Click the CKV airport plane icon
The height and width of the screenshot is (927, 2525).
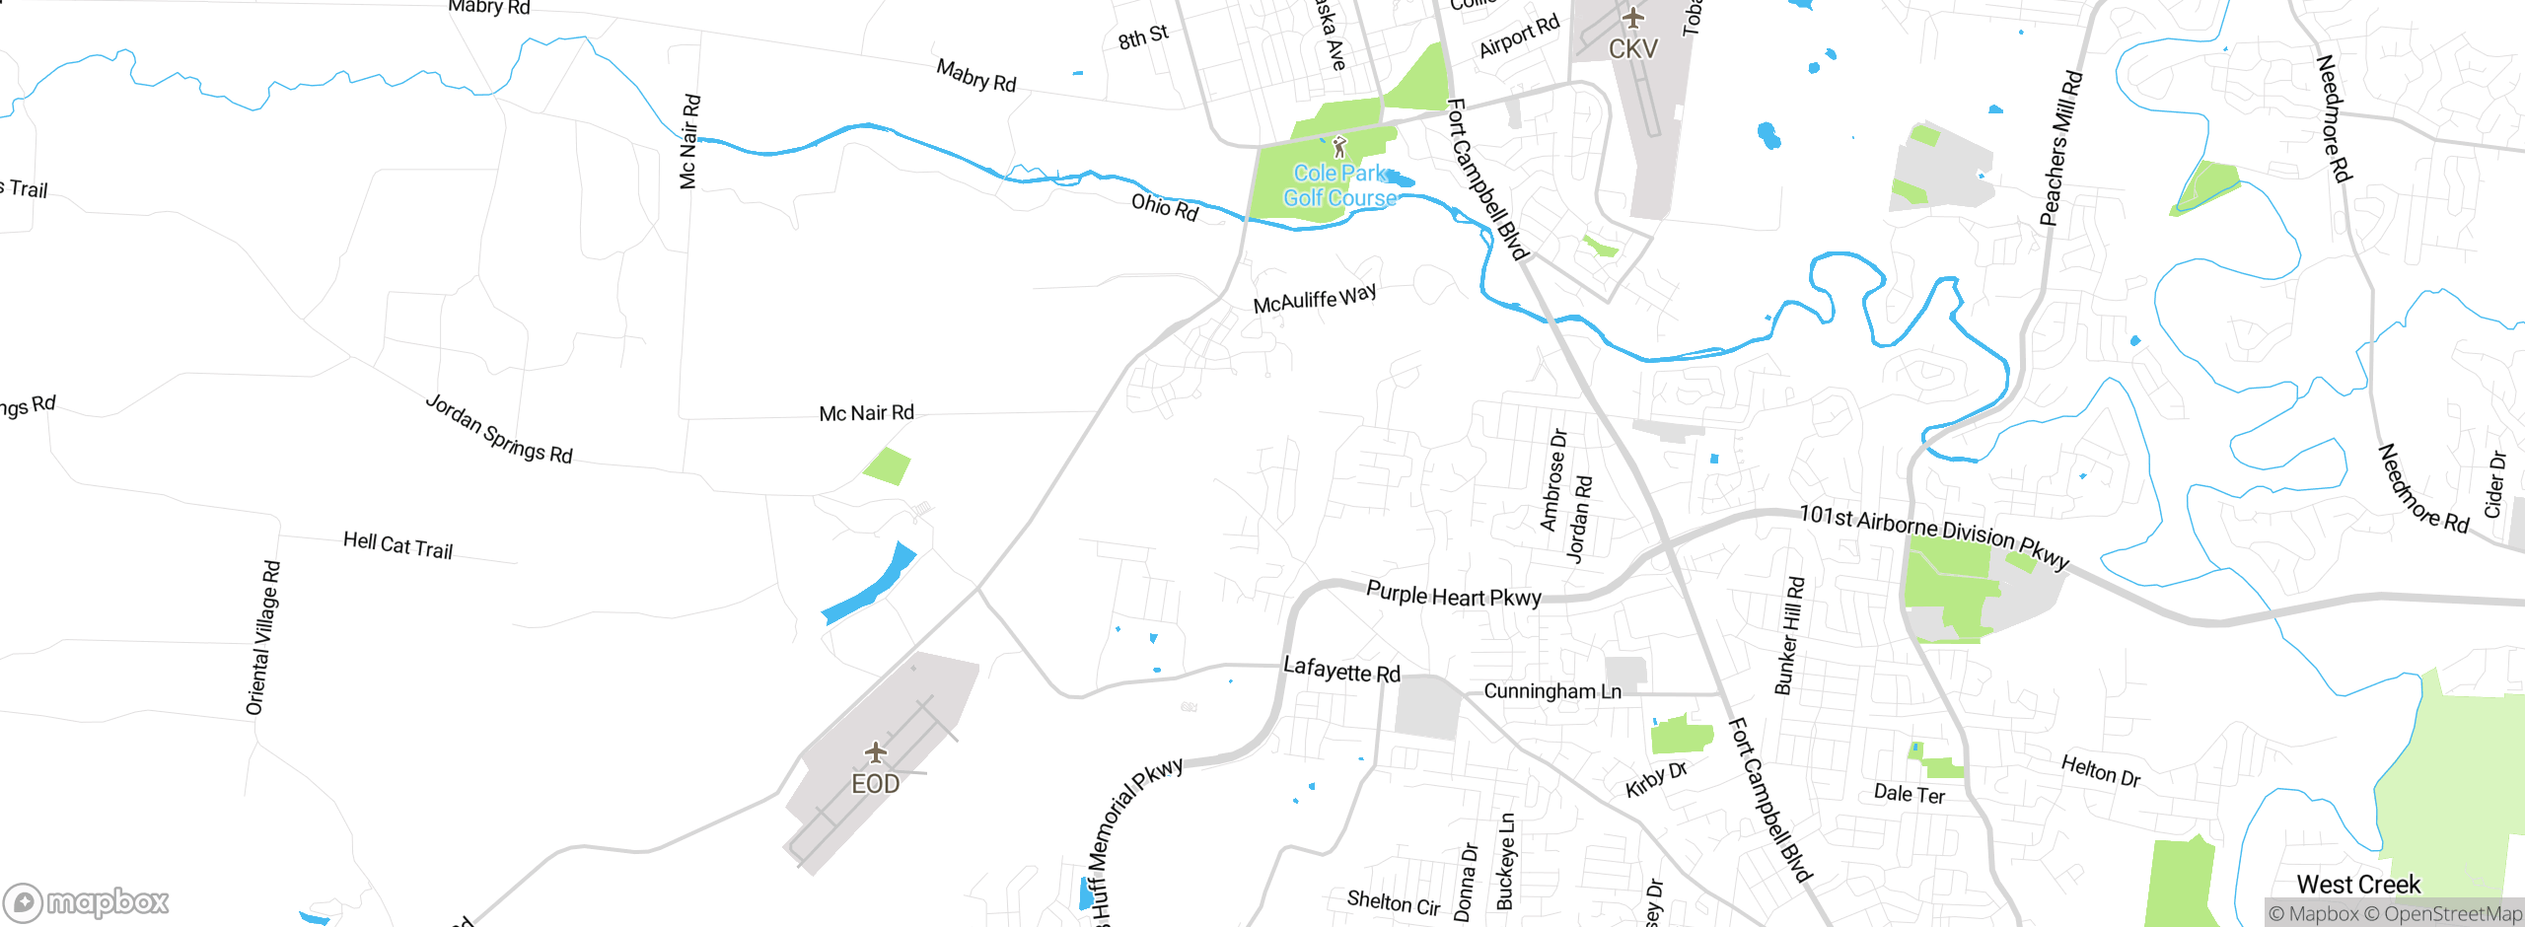1633,18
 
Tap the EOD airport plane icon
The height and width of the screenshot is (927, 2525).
875,754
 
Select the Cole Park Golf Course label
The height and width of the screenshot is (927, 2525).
1339,185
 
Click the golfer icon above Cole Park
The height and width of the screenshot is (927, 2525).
1338,148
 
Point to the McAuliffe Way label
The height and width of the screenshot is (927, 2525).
1314,298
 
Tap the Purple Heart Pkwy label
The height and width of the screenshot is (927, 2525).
1453,595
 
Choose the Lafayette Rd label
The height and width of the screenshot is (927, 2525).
1341,671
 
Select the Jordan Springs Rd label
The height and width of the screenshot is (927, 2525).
498,429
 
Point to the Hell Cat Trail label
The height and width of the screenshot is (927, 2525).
397,545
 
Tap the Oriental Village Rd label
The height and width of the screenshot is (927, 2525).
263,638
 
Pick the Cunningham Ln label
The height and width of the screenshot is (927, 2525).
1552,690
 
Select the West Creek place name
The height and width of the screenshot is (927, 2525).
2358,884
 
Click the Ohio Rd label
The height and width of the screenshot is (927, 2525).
1165,207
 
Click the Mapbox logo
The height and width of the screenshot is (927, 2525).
87,901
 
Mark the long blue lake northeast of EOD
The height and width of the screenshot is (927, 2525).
869,585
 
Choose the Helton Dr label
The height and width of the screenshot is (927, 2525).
2100,769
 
